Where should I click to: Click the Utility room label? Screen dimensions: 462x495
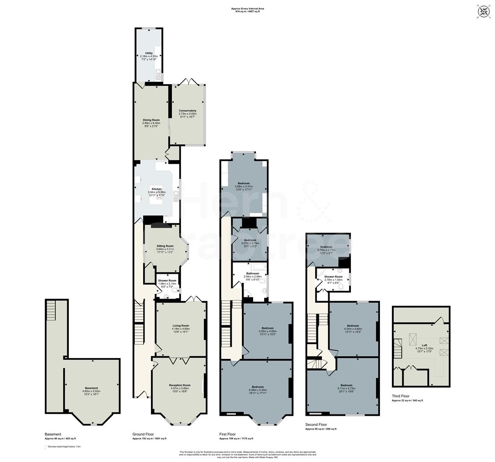tap(149, 53)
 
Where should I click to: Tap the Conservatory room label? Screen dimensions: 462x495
tap(187, 111)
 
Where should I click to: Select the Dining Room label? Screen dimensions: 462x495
tap(151, 120)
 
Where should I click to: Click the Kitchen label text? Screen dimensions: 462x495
tap(156, 189)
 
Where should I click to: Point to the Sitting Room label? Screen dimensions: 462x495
tap(165, 246)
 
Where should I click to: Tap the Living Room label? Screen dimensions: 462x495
tap(181, 326)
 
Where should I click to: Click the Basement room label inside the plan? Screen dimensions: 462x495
tap(91, 388)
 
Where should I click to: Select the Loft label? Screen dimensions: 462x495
tap(424, 345)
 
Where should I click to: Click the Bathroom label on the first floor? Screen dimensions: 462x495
tap(252, 273)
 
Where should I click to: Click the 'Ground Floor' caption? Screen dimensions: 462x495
tap(143, 434)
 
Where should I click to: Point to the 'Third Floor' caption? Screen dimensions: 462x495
tap(401, 396)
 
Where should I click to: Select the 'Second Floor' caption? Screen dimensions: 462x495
tap(316, 424)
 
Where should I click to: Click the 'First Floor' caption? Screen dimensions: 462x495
tap(227, 434)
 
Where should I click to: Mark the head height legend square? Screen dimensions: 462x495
tap(46, 447)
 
